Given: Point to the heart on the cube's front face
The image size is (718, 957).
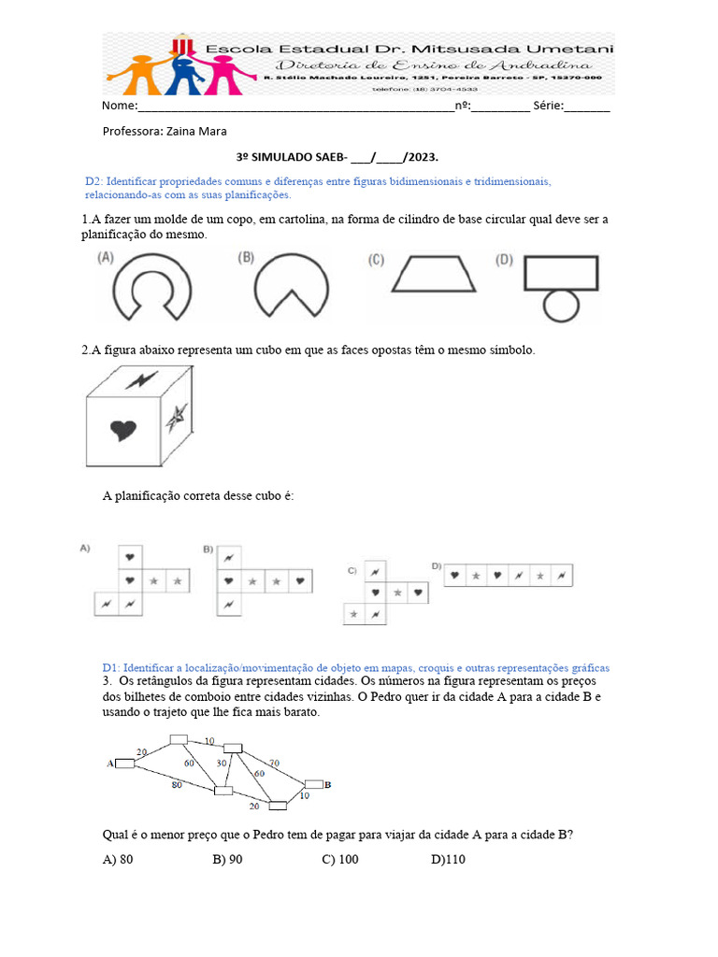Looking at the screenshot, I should coord(123,429).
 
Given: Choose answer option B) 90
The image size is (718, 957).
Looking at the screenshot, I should coord(227,859).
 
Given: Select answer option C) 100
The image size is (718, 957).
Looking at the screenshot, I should coord(339,859).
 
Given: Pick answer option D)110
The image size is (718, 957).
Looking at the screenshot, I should coord(448,859).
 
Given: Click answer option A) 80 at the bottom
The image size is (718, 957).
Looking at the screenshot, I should coord(118,859).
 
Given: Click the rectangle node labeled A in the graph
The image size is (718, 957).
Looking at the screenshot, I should coord(124,764).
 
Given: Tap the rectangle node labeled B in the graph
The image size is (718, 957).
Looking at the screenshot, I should coord(314,784).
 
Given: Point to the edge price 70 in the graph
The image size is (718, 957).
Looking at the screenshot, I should coord(274,763).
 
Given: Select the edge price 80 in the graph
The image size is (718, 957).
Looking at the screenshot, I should coord(176,785).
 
